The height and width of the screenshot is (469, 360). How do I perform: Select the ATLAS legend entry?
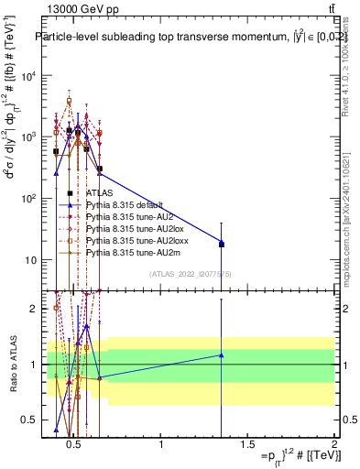(x=99, y=193)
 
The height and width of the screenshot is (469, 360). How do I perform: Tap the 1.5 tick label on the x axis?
(x=247, y=446)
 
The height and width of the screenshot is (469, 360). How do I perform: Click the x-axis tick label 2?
(x=333, y=446)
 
